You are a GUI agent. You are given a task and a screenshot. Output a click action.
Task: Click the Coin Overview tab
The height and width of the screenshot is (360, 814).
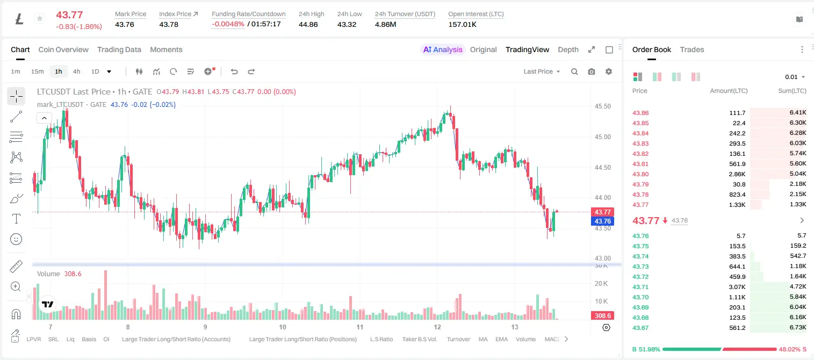coord(63,49)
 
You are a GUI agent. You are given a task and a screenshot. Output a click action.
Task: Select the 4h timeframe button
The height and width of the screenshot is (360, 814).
coord(76,71)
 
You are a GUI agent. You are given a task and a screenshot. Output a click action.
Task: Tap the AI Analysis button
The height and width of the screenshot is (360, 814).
coord(443,49)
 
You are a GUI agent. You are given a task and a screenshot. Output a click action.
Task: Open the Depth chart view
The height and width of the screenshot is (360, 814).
coord(568,49)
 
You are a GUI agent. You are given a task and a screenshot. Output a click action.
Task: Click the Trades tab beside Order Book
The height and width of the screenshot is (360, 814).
coord(692,49)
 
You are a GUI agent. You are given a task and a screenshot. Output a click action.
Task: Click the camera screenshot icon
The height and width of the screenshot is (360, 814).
coord(592,71)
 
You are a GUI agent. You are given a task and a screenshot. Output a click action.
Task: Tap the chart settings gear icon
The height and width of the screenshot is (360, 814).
coord(609,71)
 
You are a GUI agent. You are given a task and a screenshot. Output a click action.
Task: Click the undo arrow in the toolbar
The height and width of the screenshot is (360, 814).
coord(234,71)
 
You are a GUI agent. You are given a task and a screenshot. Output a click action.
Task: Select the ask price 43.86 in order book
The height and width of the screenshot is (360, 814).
coord(640,113)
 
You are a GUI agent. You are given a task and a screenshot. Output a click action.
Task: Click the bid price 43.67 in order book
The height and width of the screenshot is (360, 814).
coord(640,328)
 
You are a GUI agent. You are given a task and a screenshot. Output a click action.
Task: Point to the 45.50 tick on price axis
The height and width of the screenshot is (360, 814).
coord(602,106)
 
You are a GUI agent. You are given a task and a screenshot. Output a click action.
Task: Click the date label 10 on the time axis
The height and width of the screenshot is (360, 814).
coord(283,327)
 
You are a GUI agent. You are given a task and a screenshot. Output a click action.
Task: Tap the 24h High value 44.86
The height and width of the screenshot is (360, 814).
coord(308,24)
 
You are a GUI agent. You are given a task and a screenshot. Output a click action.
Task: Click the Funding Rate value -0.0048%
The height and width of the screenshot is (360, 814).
coord(228,24)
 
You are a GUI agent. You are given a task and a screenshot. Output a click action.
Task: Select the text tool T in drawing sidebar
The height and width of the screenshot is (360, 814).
coord(16,219)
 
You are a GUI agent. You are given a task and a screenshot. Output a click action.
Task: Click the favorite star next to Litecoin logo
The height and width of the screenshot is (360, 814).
coord(40,18)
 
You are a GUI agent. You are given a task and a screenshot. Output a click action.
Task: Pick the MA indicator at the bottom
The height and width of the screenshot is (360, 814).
coord(483,339)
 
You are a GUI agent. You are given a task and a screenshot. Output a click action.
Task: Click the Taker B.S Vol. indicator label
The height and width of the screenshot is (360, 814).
coord(419,339)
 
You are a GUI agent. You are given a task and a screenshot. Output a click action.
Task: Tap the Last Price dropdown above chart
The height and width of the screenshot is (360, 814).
coord(542,71)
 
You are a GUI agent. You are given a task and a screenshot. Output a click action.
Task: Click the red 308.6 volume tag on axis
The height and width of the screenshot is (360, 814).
coord(602,316)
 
